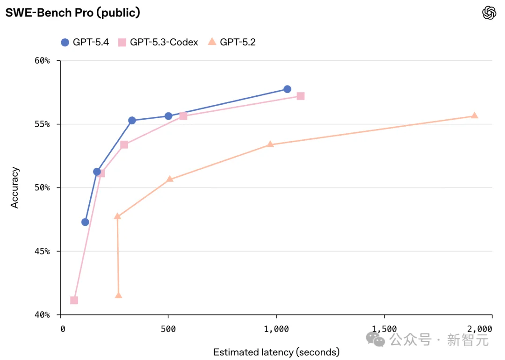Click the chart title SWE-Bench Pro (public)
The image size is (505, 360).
72,13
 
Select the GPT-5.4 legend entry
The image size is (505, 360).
85,42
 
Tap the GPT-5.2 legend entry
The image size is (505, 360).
232,42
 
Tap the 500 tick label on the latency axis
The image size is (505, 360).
168,329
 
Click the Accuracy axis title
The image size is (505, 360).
15,187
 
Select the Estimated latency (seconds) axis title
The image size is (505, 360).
276,352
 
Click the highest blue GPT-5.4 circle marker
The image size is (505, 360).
287,89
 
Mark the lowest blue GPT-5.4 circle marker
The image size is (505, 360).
85,222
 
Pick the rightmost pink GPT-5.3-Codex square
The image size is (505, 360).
301,96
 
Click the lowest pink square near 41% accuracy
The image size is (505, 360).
74,300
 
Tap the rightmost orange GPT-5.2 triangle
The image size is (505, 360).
474,115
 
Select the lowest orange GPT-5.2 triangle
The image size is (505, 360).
118,295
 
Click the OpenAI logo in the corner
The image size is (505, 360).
489,13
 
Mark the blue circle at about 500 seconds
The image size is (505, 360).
168,116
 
